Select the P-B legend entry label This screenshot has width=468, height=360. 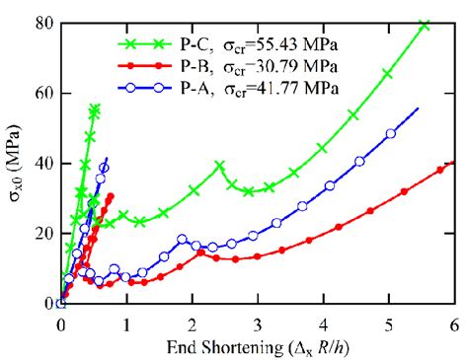click(194, 66)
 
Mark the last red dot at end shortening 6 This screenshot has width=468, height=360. click(453, 163)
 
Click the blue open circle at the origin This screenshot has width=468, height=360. click(61, 304)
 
